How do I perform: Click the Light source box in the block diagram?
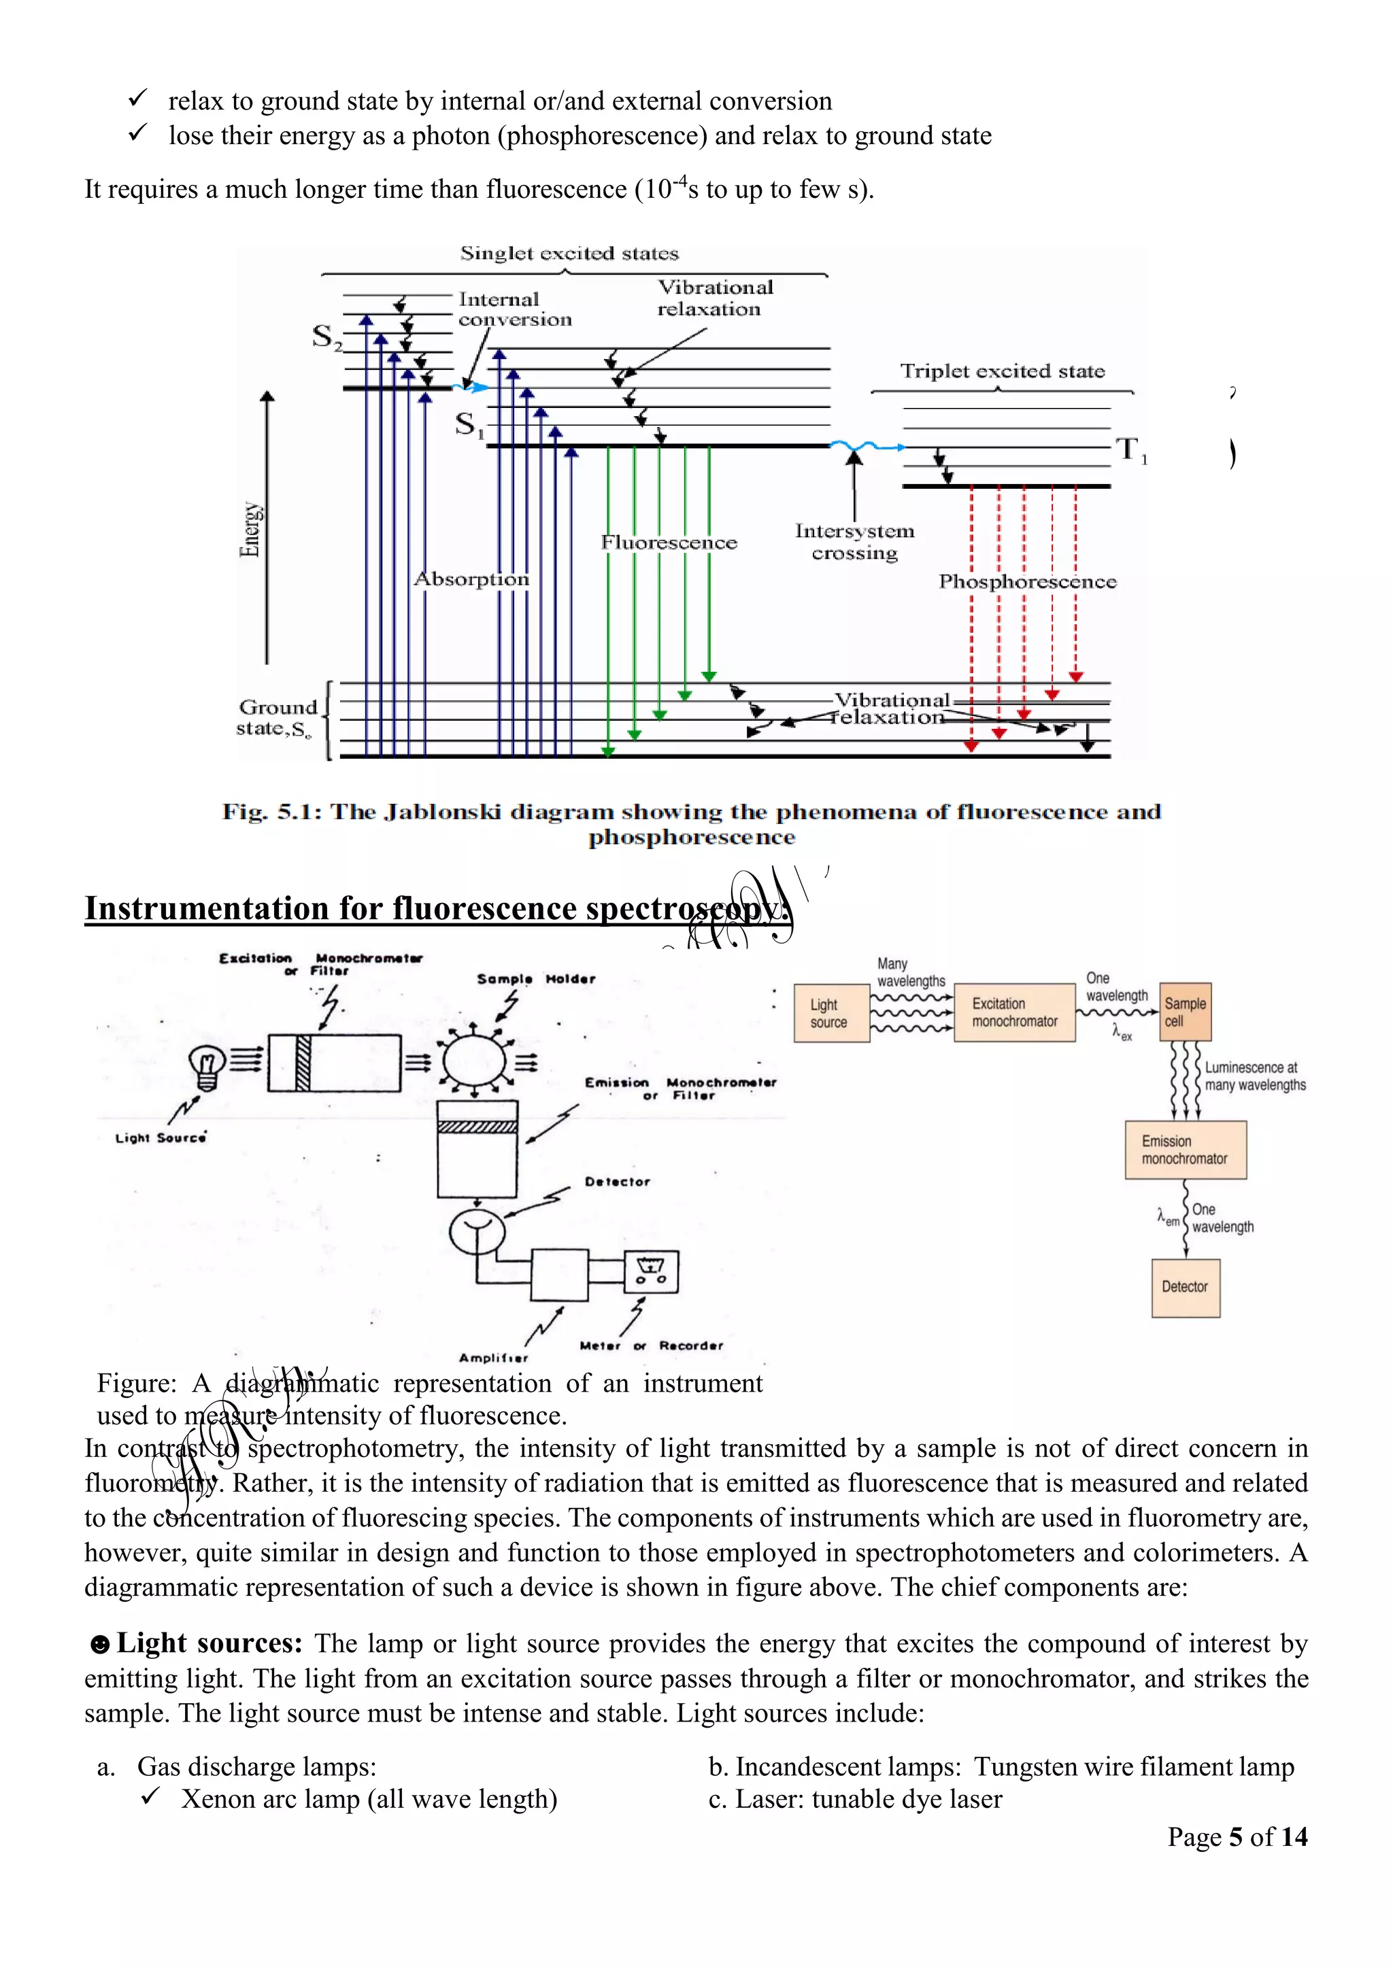(830, 1013)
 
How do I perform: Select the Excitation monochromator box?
(1014, 1013)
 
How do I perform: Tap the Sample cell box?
(1185, 1012)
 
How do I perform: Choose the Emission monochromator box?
(1185, 1150)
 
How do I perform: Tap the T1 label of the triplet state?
(1130, 449)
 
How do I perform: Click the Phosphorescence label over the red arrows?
(1027, 581)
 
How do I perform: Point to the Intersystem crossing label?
(854, 542)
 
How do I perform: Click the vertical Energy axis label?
(250, 529)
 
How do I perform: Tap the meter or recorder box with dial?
(651, 1272)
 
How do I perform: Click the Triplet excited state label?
(1002, 371)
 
